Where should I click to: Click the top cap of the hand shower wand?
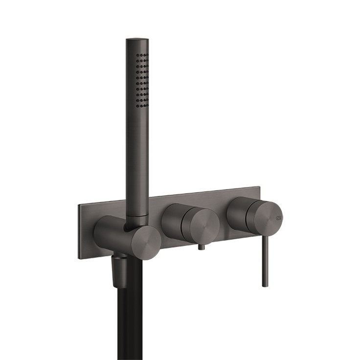tap(136, 42)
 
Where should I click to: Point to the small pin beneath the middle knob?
tap(200, 249)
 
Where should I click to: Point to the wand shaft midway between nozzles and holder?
tap(138, 157)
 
